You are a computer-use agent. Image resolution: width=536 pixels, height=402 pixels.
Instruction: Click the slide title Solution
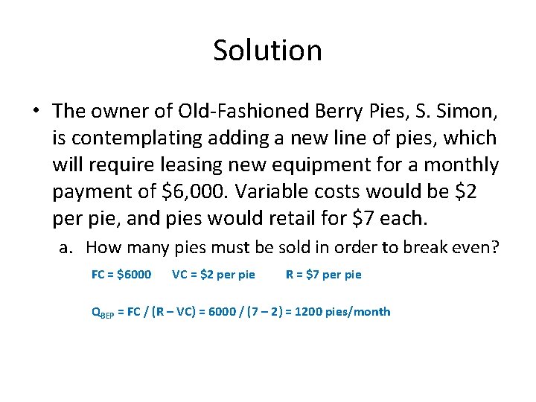[x=267, y=51]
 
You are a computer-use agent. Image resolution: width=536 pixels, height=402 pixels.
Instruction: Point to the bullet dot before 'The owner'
[x=36, y=112]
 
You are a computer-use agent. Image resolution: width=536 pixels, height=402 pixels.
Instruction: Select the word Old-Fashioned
[x=240, y=111]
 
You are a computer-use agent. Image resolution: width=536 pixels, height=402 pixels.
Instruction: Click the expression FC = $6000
[x=121, y=275]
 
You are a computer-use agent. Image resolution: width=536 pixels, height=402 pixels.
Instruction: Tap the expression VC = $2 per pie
[x=214, y=275]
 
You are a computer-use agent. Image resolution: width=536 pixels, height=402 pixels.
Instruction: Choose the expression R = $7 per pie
[x=324, y=275]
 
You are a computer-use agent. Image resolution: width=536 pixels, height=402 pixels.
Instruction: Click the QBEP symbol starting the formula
[x=99, y=313]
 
